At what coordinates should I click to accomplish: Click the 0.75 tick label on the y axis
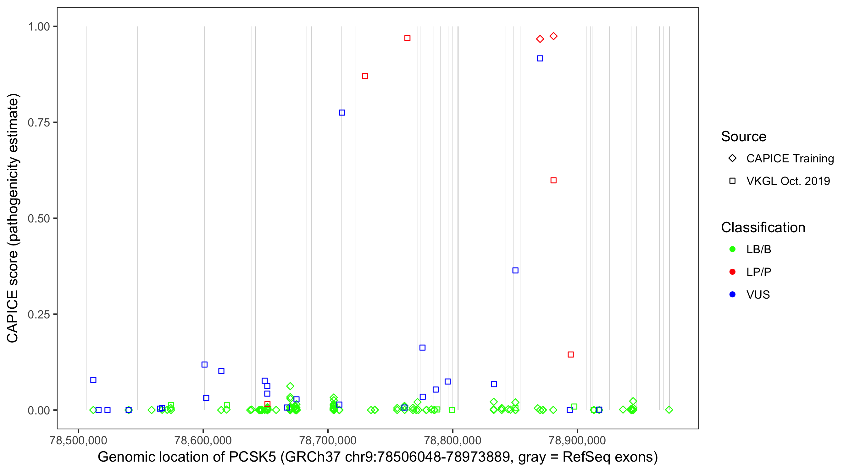38,122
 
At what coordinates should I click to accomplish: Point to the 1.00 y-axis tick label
38,26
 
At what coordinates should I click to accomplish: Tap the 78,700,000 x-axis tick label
328,440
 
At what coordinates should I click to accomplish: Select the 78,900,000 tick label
577,440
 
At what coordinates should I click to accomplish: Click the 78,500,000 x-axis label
78,440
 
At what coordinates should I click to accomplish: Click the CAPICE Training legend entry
790,158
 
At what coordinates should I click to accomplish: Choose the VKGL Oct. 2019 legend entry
788,181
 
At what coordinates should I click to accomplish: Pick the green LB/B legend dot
732,249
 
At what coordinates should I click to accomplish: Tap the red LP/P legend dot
732,272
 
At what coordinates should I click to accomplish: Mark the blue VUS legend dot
732,295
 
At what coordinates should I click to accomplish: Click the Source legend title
744,136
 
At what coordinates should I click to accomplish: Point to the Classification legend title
763,227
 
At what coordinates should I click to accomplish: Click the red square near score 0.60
553,180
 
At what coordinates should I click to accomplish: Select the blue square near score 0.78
342,113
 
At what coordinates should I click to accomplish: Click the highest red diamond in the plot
553,36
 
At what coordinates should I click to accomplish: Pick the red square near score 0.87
365,76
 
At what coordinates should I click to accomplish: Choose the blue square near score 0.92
540,59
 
